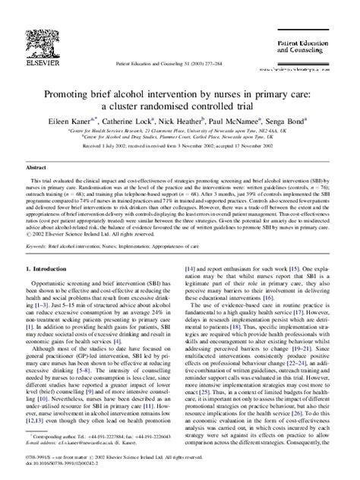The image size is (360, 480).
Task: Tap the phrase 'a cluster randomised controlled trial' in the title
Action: pos(180,85)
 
